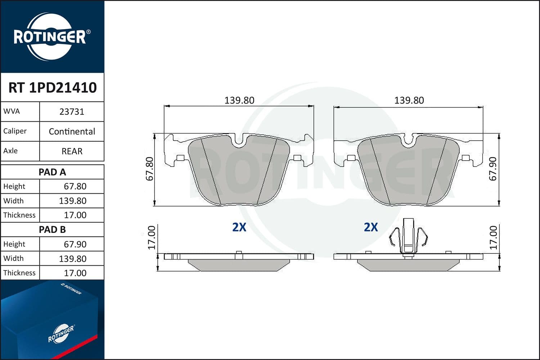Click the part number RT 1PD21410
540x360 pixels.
coord(53,87)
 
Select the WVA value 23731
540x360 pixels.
coord(72,112)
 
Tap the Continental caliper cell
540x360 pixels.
coord(72,132)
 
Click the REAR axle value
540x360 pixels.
coord(72,151)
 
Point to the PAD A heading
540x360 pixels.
coord(52,172)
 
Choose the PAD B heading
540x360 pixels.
coord(52,230)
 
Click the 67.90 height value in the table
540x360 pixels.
coord(75,244)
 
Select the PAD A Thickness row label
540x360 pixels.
coord(19,215)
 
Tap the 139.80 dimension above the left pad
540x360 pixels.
coord(239,100)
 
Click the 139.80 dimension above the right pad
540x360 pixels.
coord(409,100)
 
